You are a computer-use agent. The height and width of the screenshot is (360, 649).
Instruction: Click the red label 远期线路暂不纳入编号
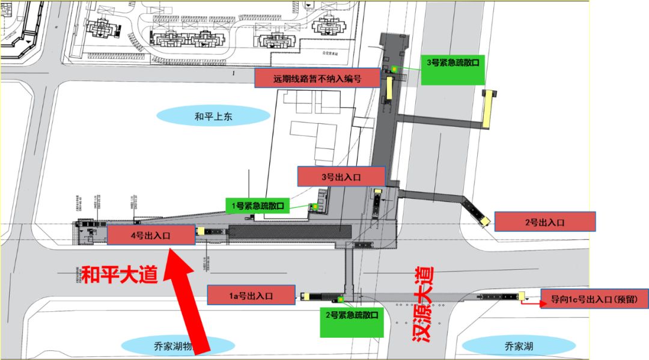pos(317,78)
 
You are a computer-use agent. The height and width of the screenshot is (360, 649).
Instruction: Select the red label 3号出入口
pos(341,176)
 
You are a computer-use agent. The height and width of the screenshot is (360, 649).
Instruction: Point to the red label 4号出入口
pos(151,235)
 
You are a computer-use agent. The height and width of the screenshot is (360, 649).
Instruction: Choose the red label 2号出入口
pos(544,222)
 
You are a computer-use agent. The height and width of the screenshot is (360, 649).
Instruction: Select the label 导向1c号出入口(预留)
pos(594,298)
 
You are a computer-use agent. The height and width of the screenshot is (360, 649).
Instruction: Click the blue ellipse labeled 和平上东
pos(213,117)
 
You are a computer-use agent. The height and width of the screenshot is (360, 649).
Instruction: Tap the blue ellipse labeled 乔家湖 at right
pos(519,346)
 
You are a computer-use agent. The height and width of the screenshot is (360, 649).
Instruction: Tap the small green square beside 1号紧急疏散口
pos(312,207)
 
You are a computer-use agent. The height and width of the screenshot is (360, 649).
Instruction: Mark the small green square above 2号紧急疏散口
pos(340,299)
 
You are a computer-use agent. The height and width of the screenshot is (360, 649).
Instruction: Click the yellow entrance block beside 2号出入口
pos(484,222)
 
